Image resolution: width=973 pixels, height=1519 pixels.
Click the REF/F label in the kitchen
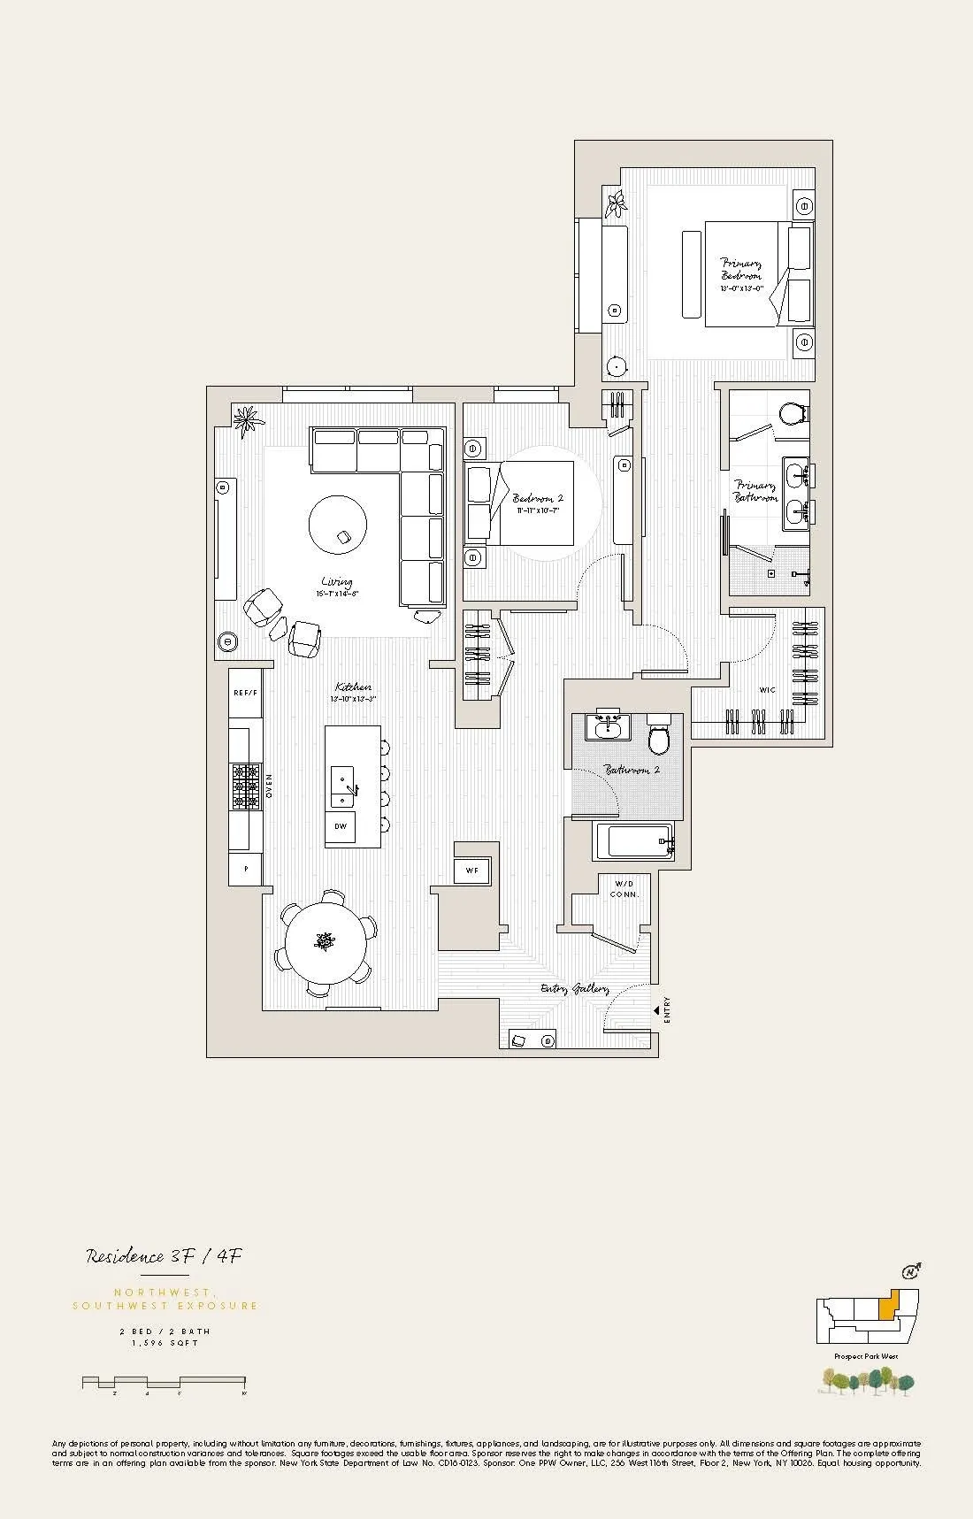tap(245, 693)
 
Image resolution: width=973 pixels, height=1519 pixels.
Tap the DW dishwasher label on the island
tap(341, 826)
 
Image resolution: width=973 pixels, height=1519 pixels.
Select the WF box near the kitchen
tap(471, 871)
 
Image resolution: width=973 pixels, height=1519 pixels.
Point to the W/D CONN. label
tap(624, 888)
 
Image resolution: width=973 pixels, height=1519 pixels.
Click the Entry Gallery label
tap(574, 988)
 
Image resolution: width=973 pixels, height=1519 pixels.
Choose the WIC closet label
tap(767, 690)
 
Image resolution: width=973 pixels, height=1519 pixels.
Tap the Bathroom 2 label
tap(632, 771)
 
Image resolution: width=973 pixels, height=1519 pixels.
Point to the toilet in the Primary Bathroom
tap(793, 412)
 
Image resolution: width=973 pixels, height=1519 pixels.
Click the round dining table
tap(326, 941)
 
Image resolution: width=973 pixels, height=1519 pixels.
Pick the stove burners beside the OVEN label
tap(245, 786)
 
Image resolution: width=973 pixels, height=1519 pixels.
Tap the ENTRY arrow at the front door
tap(656, 1009)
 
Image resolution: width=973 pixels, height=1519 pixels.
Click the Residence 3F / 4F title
tap(164, 1256)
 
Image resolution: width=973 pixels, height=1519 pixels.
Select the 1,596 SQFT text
tap(165, 1343)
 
